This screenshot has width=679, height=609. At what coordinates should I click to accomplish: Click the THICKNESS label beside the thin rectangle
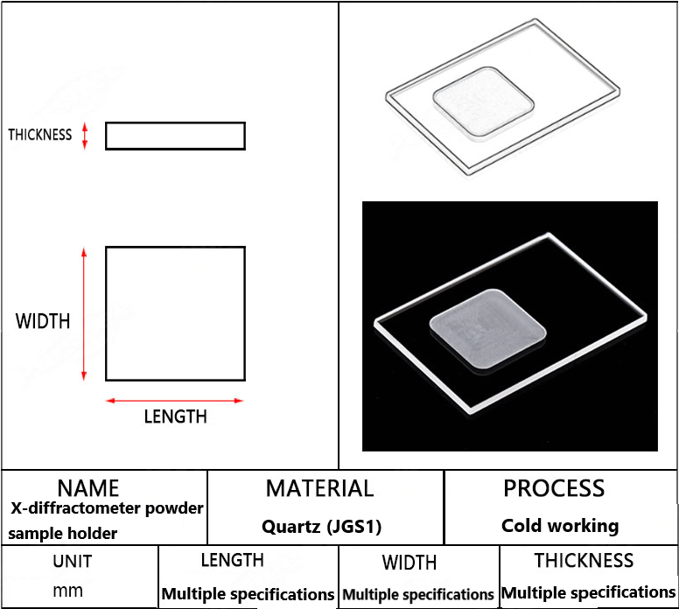pos(40,135)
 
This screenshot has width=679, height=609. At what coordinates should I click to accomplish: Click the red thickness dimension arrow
pos(85,136)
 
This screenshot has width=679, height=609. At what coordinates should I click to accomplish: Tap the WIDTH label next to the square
pos(42,321)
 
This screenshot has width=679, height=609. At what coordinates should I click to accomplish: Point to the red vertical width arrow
pos(84,314)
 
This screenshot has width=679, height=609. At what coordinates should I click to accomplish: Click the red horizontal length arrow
pos(175,401)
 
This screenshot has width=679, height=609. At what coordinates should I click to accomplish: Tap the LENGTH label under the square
pos(175,416)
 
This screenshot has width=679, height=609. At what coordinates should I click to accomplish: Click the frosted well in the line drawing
pos(483,103)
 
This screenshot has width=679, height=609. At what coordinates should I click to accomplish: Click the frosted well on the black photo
pos(487,329)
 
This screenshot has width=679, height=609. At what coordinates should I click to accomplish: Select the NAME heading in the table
pos(87,488)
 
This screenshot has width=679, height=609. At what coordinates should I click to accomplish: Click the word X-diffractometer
pos(75,508)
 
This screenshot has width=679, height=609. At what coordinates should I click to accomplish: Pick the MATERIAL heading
pos(319,488)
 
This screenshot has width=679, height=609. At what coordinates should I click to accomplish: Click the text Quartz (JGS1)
pos(321,527)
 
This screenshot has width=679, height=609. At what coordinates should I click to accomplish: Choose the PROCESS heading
pos(554,488)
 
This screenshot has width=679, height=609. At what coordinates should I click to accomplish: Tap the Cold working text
pos(560,526)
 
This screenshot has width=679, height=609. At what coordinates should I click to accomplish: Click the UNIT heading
pos(73,562)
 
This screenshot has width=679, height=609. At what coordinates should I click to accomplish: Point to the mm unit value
pos(67,591)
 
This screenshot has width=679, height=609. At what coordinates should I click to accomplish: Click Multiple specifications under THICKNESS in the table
pos(589,592)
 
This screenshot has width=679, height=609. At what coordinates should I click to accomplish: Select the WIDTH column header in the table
pos(409,563)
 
